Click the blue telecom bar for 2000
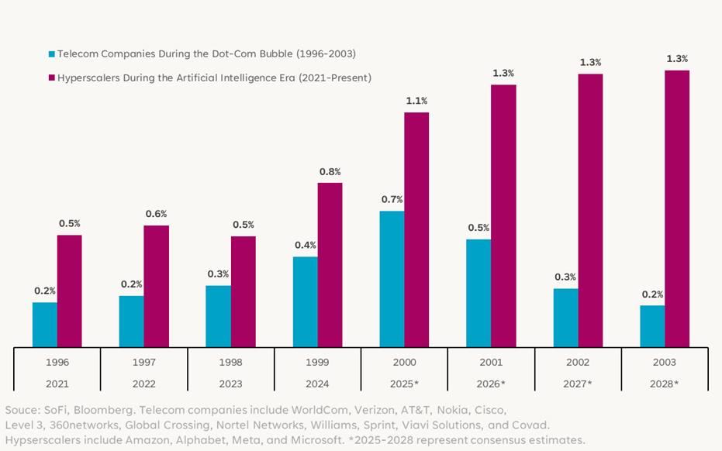point(392,279)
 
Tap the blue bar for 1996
point(44,325)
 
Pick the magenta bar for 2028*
point(677,209)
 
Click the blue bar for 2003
point(652,326)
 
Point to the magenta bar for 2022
point(156,287)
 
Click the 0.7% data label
point(392,199)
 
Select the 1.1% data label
point(416,101)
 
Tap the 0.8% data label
point(330,171)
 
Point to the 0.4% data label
point(305,245)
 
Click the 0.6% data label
point(156,214)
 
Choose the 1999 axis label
point(317,362)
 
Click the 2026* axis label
point(492,384)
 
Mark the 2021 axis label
point(57,384)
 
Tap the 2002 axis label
point(578,362)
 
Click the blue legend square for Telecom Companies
point(52,54)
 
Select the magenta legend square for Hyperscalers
point(52,78)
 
